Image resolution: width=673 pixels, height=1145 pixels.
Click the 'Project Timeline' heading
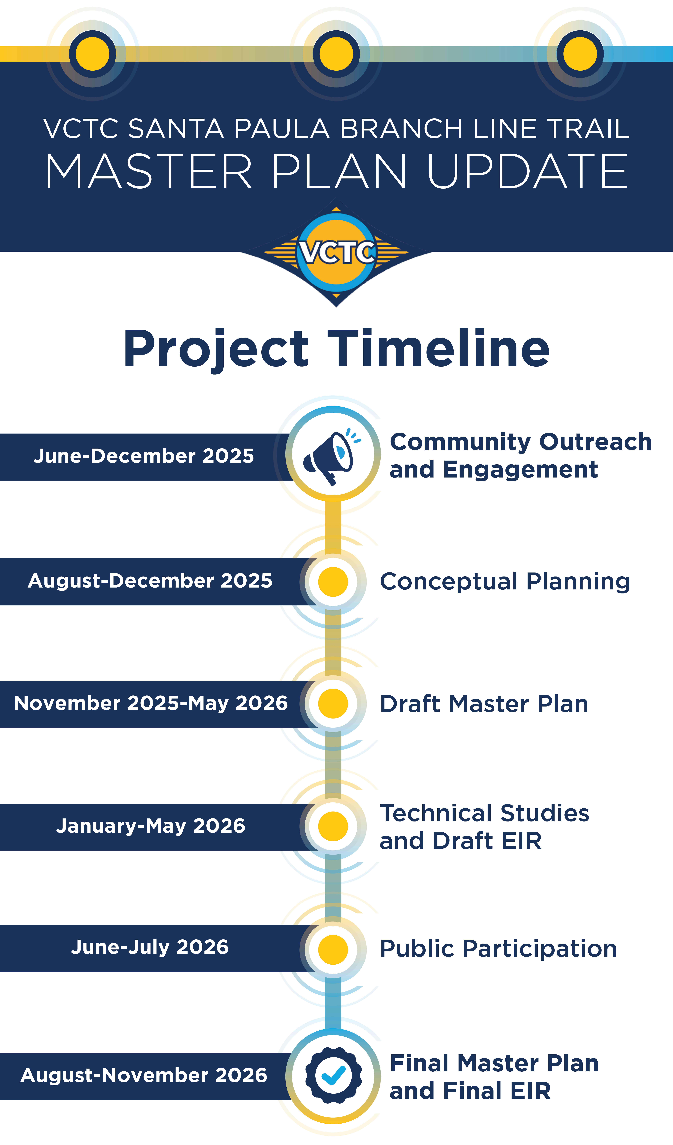[336, 349]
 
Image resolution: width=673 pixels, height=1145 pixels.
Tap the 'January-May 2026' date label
[151, 826]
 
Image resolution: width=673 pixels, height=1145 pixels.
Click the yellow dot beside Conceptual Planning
[333, 582]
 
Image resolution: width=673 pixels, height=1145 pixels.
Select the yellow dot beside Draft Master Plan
[333, 703]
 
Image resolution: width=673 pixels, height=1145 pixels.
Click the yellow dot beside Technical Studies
[333, 826]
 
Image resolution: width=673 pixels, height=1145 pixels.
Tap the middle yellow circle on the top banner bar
[336, 54]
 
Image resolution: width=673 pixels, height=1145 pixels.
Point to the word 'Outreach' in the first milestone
[595, 442]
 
